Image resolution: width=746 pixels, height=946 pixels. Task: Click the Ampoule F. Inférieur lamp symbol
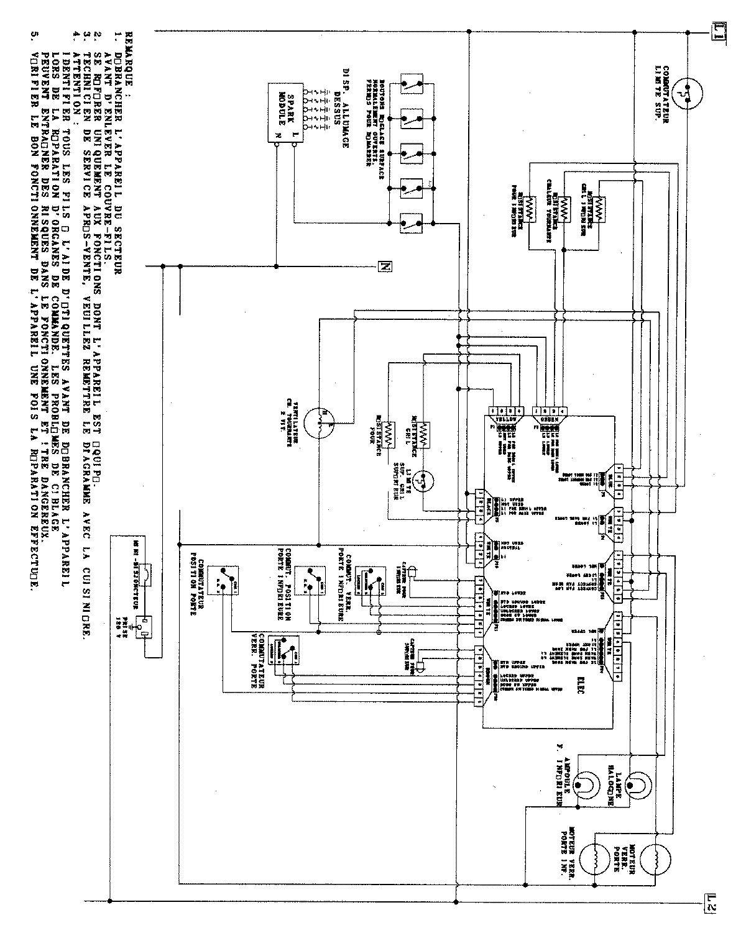pyautogui.click(x=586, y=787)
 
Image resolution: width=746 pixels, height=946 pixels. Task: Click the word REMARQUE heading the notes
pyautogui.click(x=129, y=52)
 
